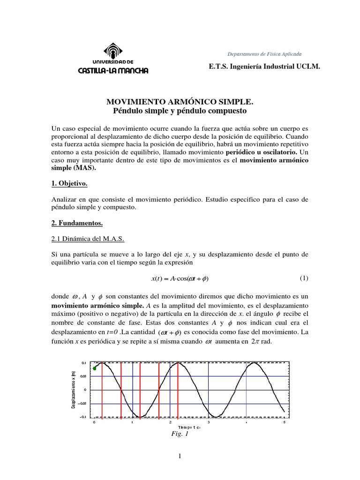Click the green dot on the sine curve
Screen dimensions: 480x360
[x=95, y=368]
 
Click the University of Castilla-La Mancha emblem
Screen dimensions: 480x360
[x=112, y=50]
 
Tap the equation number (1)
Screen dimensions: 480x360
[x=304, y=278]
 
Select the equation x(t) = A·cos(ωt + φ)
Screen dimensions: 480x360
[x=180, y=278]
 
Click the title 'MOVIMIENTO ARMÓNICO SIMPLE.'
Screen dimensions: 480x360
[x=180, y=102]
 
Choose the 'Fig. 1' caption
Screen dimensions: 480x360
[x=180, y=434]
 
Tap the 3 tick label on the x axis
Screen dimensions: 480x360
[x=208, y=422]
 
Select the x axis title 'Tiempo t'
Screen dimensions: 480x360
[x=189, y=427]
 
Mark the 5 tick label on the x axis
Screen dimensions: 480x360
[x=284, y=422]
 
